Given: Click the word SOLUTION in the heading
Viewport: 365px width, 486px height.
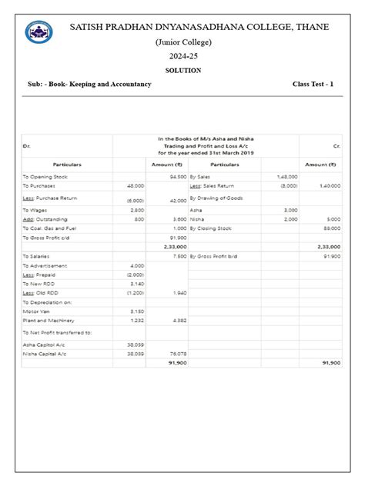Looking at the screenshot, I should pos(182,70).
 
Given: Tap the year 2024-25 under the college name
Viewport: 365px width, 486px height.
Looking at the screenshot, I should pos(182,56).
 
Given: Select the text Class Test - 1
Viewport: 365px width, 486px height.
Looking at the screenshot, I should pos(317,84).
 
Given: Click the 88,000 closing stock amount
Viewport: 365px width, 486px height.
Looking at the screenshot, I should pos(332,228).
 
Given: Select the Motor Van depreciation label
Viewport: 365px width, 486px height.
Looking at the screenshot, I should pos(36,311).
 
